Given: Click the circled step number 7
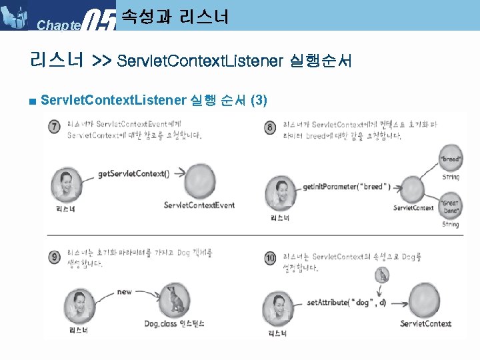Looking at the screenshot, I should click(x=54, y=127).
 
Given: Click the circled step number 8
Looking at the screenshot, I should click(x=269, y=127).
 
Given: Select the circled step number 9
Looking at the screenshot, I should click(x=54, y=257).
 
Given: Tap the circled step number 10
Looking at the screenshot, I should click(x=270, y=258).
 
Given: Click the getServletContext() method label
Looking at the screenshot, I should click(x=134, y=174).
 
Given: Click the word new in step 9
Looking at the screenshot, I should click(x=125, y=291).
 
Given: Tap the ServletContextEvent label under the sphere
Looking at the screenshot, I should click(x=199, y=205).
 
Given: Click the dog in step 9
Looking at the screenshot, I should click(x=175, y=300).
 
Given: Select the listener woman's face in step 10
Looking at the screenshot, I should click(x=282, y=306).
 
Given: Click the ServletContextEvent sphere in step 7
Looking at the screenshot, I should click(x=199, y=181).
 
